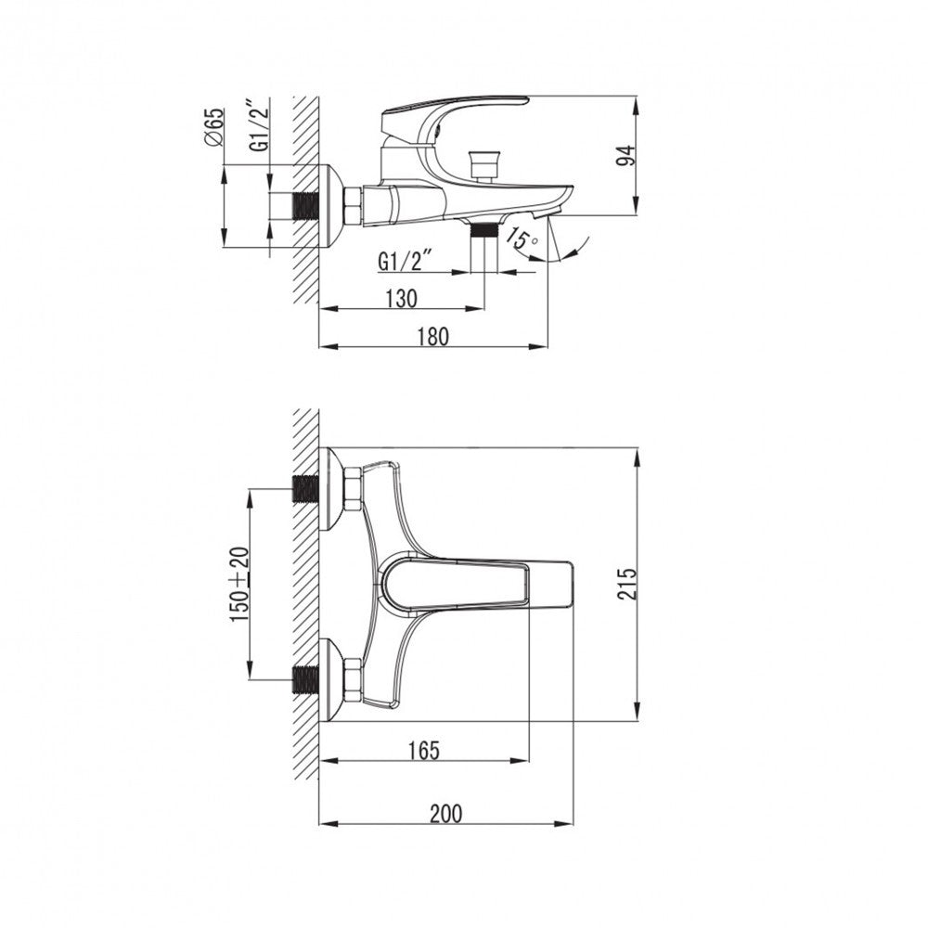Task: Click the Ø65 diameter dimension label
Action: point(214,127)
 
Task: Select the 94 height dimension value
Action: point(626,155)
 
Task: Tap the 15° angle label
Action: point(522,239)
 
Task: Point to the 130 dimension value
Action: point(401,298)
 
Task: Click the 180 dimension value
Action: point(433,336)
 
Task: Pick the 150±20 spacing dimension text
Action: point(240,584)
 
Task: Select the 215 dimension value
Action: point(626,584)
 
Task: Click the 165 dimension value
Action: point(424,751)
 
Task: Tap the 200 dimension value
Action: point(445,813)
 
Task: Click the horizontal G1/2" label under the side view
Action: point(405,261)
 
